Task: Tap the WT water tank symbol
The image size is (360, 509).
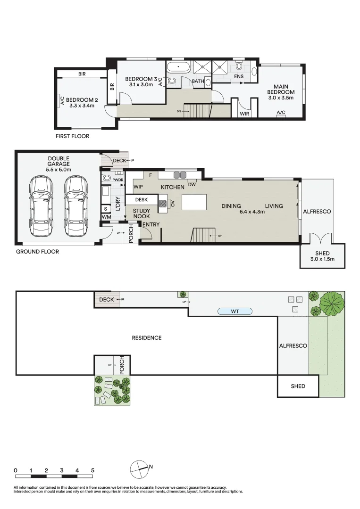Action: point(234,311)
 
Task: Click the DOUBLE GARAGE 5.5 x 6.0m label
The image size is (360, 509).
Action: point(59,164)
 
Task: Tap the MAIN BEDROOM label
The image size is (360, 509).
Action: point(281,92)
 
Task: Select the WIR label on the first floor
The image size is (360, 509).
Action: point(244,114)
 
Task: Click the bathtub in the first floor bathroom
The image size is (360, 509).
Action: point(178,67)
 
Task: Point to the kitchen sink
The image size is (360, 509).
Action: point(180,175)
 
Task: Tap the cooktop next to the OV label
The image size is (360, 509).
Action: point(163,204)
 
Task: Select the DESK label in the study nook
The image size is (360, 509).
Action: point(142,200)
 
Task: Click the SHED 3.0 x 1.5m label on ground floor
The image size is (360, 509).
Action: point(323,256)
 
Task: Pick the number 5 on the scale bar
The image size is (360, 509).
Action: point(92,470)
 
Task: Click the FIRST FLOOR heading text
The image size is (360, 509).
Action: point(72,136)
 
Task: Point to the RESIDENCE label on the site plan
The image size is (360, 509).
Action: point(147,338)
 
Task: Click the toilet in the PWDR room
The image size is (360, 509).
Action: point(107,178)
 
